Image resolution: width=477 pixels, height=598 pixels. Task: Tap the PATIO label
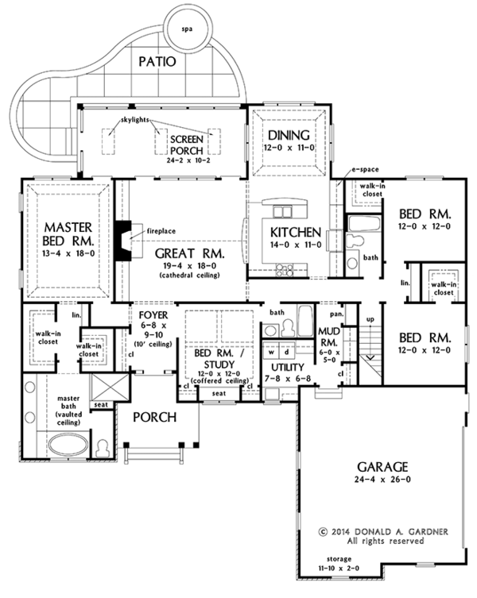pyautogui.click(x=157, y=61)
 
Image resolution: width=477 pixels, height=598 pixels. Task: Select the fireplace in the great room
pyautogui.click(x=123, y=241)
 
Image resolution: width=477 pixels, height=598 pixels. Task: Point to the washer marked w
pyautogui.click(x=271, y=352)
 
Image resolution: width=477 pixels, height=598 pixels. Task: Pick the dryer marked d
pyautogui.click(x=286, y=352)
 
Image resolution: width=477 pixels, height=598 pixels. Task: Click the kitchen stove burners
pyautogui.click(x=285, y=270)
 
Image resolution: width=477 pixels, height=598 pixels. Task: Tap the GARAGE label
pyautogui.click(x=382, y=467)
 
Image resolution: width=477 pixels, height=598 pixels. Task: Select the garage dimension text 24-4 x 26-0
pyautogui.click(x=382, y=480)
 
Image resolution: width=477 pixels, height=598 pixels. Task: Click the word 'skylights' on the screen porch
pyautogui.click(x=135, y=120)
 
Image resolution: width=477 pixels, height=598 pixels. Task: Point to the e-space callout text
pyautogui.click(x=365, y=169)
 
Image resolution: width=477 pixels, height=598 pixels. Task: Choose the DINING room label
pyautogui.click(x=289, y=135)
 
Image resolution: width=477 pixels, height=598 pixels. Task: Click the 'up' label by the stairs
pyautogui.click(x=370, y=319)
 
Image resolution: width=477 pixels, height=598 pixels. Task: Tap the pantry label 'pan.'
pyautogui.click(x=337, y=314)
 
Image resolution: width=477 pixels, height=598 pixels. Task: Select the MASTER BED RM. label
pyautogui.click(x=68, y=233)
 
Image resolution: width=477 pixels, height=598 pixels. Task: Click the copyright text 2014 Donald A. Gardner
pyautogui.click(x=383, y=531)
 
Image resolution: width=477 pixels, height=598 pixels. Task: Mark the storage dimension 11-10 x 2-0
pyautogui.click(x=339, y=568)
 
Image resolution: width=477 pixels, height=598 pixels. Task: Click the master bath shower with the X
pyautogui.click(x=111, y=387)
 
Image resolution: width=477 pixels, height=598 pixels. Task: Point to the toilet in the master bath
pyautogui.click(x=103, y=448)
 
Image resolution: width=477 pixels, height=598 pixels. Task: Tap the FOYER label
pyautogui.click(x=153, y=315)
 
